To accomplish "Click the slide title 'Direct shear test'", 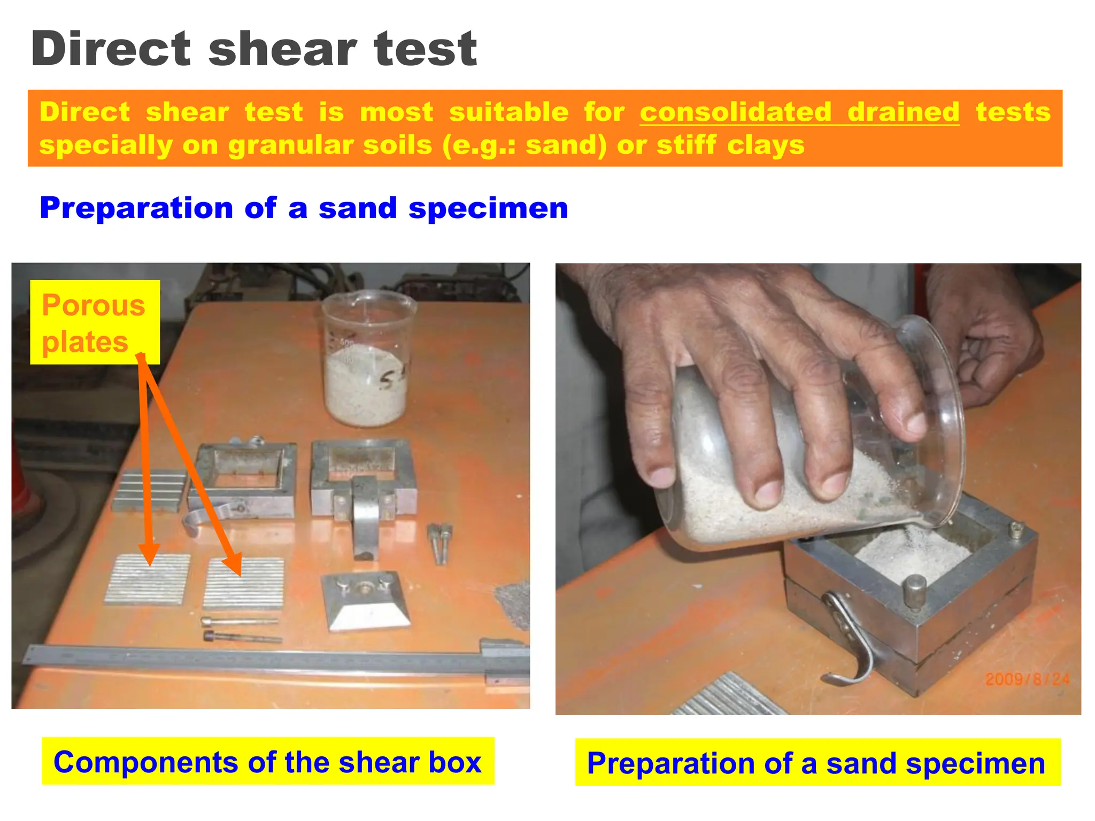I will (254, 49).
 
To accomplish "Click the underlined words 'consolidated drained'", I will (799, 112).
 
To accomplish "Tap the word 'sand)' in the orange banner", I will (566, 145).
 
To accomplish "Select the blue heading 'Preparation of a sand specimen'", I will (304, 208).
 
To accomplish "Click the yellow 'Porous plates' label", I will (95, 322).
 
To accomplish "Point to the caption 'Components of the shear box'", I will (268, 762).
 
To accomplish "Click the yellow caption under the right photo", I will (817, 763).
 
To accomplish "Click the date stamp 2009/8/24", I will (1027, 679).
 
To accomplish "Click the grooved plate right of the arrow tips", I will (244, 584).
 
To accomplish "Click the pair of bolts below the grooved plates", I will (241, 629).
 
